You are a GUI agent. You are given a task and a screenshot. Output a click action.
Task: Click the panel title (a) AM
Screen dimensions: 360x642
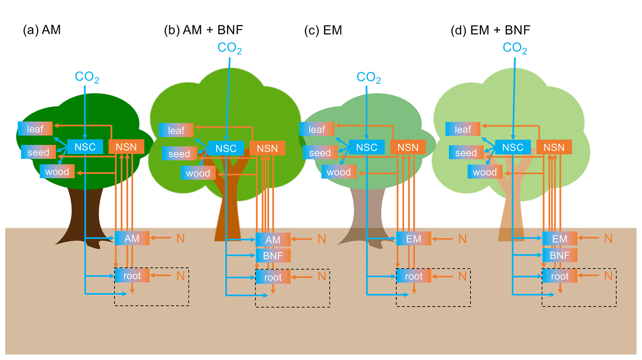click(x=42, y=30)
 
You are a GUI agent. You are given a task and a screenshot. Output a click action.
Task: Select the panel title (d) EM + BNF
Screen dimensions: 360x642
click(x=490, y=30)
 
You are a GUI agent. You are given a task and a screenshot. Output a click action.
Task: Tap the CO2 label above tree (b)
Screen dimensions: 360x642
click(x=229, y=48)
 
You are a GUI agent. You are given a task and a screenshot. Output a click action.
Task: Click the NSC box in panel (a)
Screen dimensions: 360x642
click(x=85, y=147)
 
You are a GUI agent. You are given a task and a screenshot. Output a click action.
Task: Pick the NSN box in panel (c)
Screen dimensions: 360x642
click(x=408, y=147)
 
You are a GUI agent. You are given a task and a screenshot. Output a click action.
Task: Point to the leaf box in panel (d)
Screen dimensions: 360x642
click(x=462, y=129)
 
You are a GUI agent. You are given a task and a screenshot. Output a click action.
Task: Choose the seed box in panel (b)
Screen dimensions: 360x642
click(x=179, y=154)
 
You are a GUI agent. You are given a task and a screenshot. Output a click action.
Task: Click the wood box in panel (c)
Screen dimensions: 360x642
click(x=339, y=172)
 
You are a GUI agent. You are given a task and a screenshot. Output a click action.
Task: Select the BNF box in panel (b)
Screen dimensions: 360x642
click(x=273, y=256)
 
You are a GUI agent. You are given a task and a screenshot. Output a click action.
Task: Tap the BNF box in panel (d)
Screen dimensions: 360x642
click(x=559, y=255)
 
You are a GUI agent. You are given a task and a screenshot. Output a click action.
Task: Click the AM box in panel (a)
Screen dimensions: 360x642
click(x=132, y=238)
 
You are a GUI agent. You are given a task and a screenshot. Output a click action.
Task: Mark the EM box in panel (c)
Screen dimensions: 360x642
click(x=413, y=239)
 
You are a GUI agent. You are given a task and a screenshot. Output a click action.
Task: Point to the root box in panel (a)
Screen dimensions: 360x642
click(x=132, y=276)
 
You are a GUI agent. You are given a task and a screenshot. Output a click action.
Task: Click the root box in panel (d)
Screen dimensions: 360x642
click(x=559, y=276)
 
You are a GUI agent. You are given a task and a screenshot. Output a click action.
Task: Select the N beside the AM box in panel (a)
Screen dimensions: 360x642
click(x=180, y=239)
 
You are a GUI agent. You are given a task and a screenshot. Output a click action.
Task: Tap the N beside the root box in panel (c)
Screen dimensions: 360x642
click(x=462, y=276)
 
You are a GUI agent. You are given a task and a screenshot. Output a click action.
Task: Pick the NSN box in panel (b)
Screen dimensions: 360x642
click(x=267, y=148)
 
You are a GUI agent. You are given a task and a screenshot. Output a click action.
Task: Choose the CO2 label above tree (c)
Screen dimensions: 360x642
click(x=368, y=77)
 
